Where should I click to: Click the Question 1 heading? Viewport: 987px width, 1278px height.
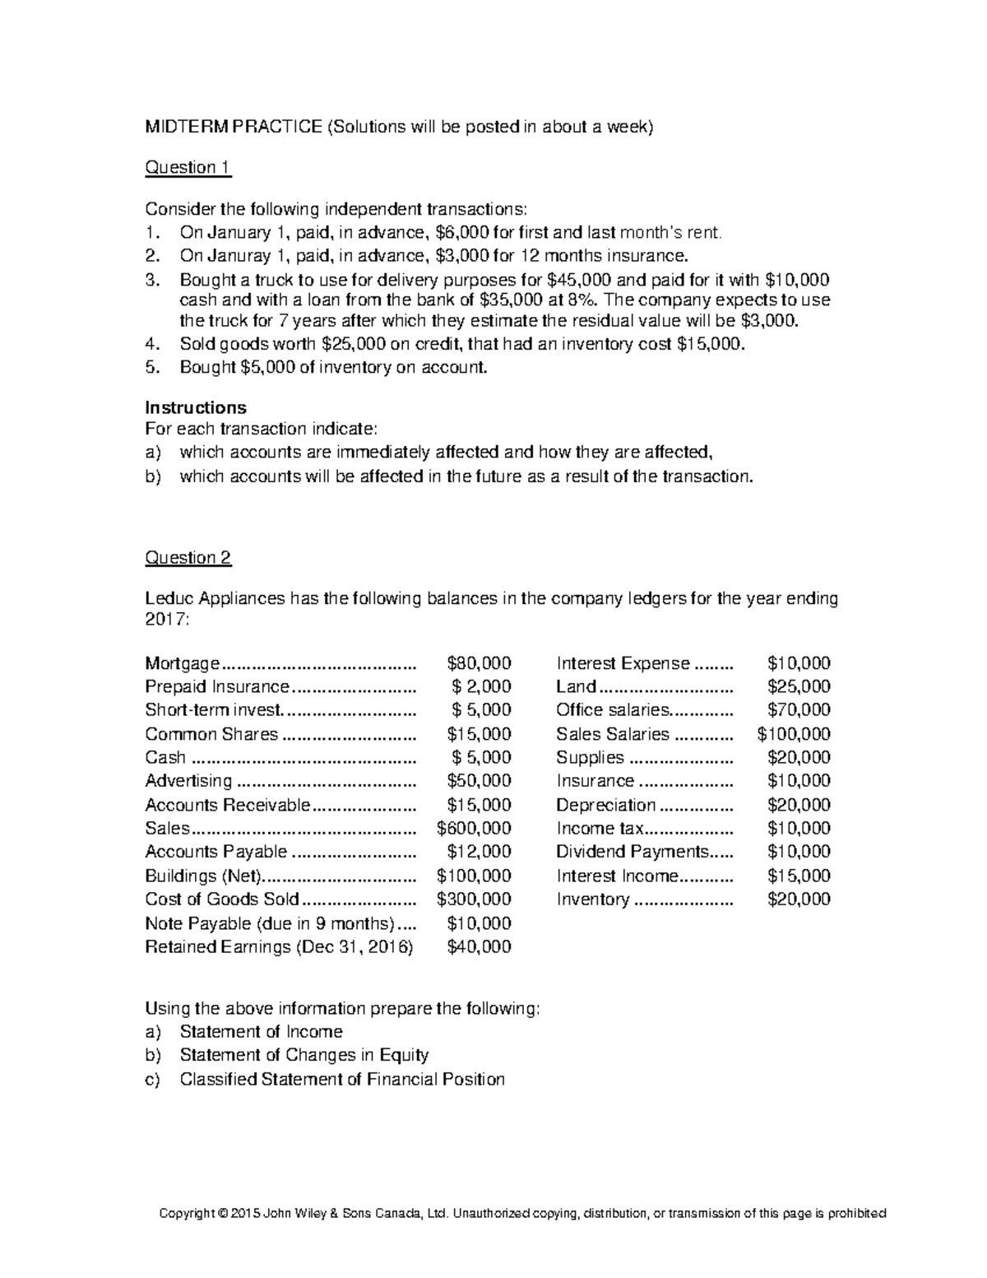pyautogui.click(x=188, y=167)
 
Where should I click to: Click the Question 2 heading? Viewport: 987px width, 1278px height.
pyautogui.click(x=188, y=557)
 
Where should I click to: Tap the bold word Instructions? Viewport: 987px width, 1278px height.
pyautogui.click(x=196, y=407)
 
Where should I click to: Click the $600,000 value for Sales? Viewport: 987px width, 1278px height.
pyautogui.click(x=474, y=828)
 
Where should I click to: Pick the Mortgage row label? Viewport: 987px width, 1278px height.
pyautogui.click(x=182, y=663)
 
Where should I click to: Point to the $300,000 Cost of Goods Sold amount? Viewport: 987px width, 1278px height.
pyautogui.click(x=474, y=899)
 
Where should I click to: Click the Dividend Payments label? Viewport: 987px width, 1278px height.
pyautogui.click(x=632, y=852)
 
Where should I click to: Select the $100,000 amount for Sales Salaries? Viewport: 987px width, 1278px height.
pyautogui.click(x=794, y=734)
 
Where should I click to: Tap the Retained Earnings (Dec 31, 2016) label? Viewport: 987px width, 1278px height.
pyautogui.click(x=279, y=946)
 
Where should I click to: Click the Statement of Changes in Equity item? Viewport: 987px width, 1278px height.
pyautogui.click(x=304, y=1055)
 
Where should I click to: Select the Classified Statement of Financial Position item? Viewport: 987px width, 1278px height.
pyautogui.click(x=342, y=1079)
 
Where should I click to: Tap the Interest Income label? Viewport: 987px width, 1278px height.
pyautogui.click(x=617, y=876)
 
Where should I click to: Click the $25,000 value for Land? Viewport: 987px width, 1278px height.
pyautogui.click(x=799, y=686)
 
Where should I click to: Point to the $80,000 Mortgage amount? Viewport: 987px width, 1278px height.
pyautogui.click(x=479, y=663)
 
